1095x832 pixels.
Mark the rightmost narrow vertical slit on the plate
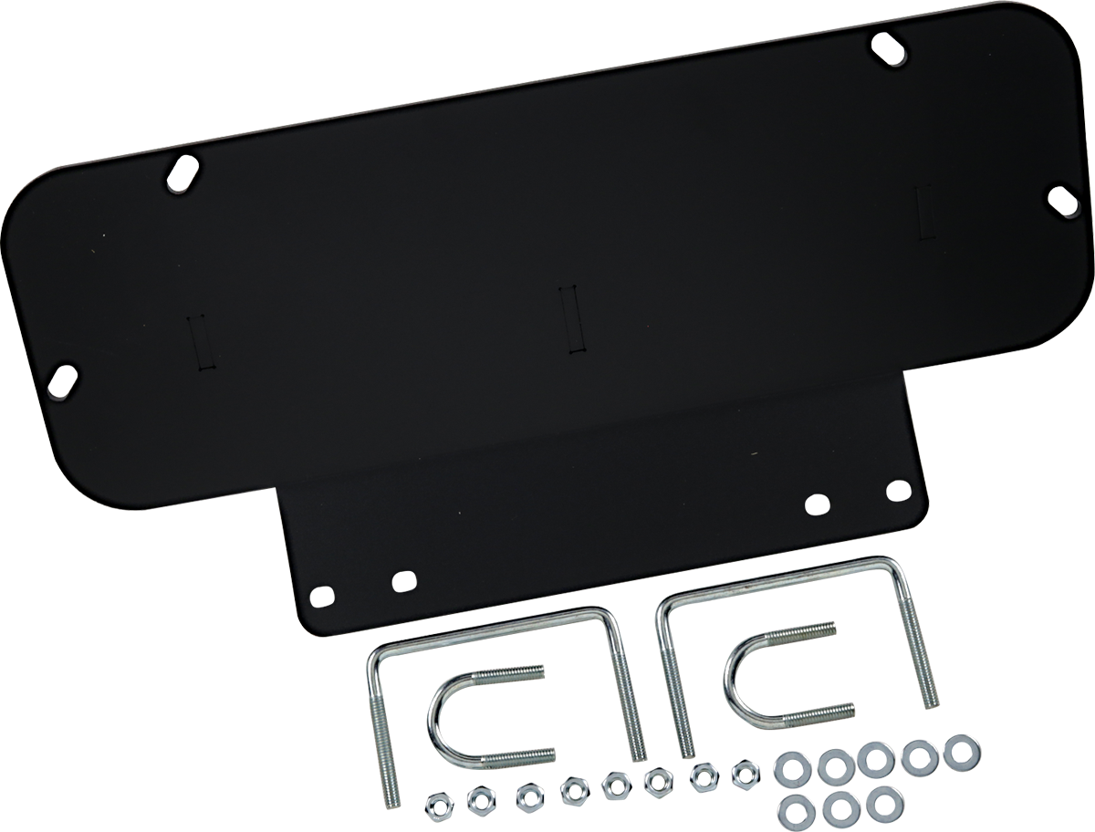[x=923, y=213]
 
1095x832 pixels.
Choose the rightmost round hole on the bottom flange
[x=897, y=488]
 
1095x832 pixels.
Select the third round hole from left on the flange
[x=818, y=503]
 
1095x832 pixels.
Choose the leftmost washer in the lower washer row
[x=798, y=807]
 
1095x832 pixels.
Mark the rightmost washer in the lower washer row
[x=881, y=803]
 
